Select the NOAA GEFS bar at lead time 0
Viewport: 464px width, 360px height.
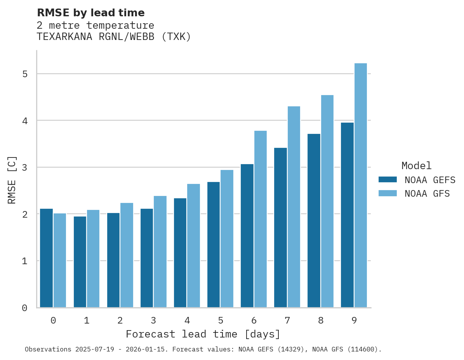[x=46, y=258]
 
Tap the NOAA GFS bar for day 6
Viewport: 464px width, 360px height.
[x=260, y=219]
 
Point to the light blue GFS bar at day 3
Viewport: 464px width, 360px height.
[x=160, y=252]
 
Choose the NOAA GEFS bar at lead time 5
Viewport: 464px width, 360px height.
[x=214, y=245]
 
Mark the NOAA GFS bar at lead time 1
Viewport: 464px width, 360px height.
[x=93, y=259]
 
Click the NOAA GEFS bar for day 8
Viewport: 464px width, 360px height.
[x=314, y=221]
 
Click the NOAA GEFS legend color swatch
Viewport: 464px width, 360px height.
[x=388, y=180]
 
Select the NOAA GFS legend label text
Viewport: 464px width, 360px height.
[x=427, y=194]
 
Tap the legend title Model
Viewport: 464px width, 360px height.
[x=416, y=166]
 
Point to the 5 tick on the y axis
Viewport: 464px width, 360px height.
[x=24, y=74]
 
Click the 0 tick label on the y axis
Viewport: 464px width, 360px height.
[x=24, y=308]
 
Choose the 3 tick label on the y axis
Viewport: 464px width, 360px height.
[x=24, y=168]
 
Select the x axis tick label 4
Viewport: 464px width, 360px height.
[x=187, y=321]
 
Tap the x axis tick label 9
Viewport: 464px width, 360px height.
[x=354, y=321]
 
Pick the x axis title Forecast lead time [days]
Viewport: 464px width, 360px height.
[x=203, y=334]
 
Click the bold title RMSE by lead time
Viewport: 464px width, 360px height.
[x=90, y=13]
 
